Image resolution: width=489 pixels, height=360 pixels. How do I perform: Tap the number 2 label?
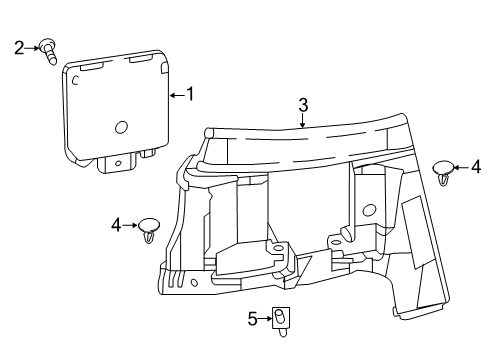pyautogui.click(x=18, y=46)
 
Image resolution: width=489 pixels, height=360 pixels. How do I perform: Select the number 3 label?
pyautogui.click(x=303, y=103)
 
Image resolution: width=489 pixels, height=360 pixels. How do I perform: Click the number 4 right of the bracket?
pyautogui.click(x=476, y=165)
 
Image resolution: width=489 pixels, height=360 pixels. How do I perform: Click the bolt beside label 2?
pyautogui.click(x=48, y=49)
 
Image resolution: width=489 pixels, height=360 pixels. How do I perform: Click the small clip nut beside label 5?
pyautogui.click(x=281, y=319)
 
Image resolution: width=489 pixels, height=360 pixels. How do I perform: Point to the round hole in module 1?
pyautogui.click(x=120, y=128)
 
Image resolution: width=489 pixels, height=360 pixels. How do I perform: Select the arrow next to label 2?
pyautogui.click(x=31, y=46)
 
